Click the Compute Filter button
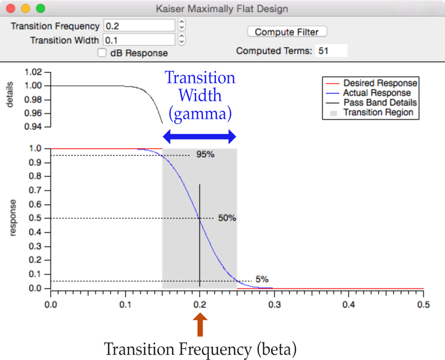pyautogui.click(x=287, y=32)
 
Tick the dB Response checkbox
pyautogui.click(x=102, y=53)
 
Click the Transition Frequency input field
pyautogui.click(x=139, y=26)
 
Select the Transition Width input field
pyautogui.click(x=139, y=40)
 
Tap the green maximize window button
pyautogui.click(x=41, y=9)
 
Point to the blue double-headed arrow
pyautogui.click(x=200, y=137)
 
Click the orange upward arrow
pyautogui.click(x=200, y=325)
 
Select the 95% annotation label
pyautogui.click(x=205, y=155)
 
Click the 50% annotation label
pyautogui.click(x=227, y=218)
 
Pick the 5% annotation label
pyautogui.click(x=262, y=279)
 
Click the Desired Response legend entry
pyautogui.click(x=380, y=83)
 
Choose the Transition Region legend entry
pyautogui.click(x=378, y=112)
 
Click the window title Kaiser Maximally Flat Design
pyautogui.click(x=222, y=9)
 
